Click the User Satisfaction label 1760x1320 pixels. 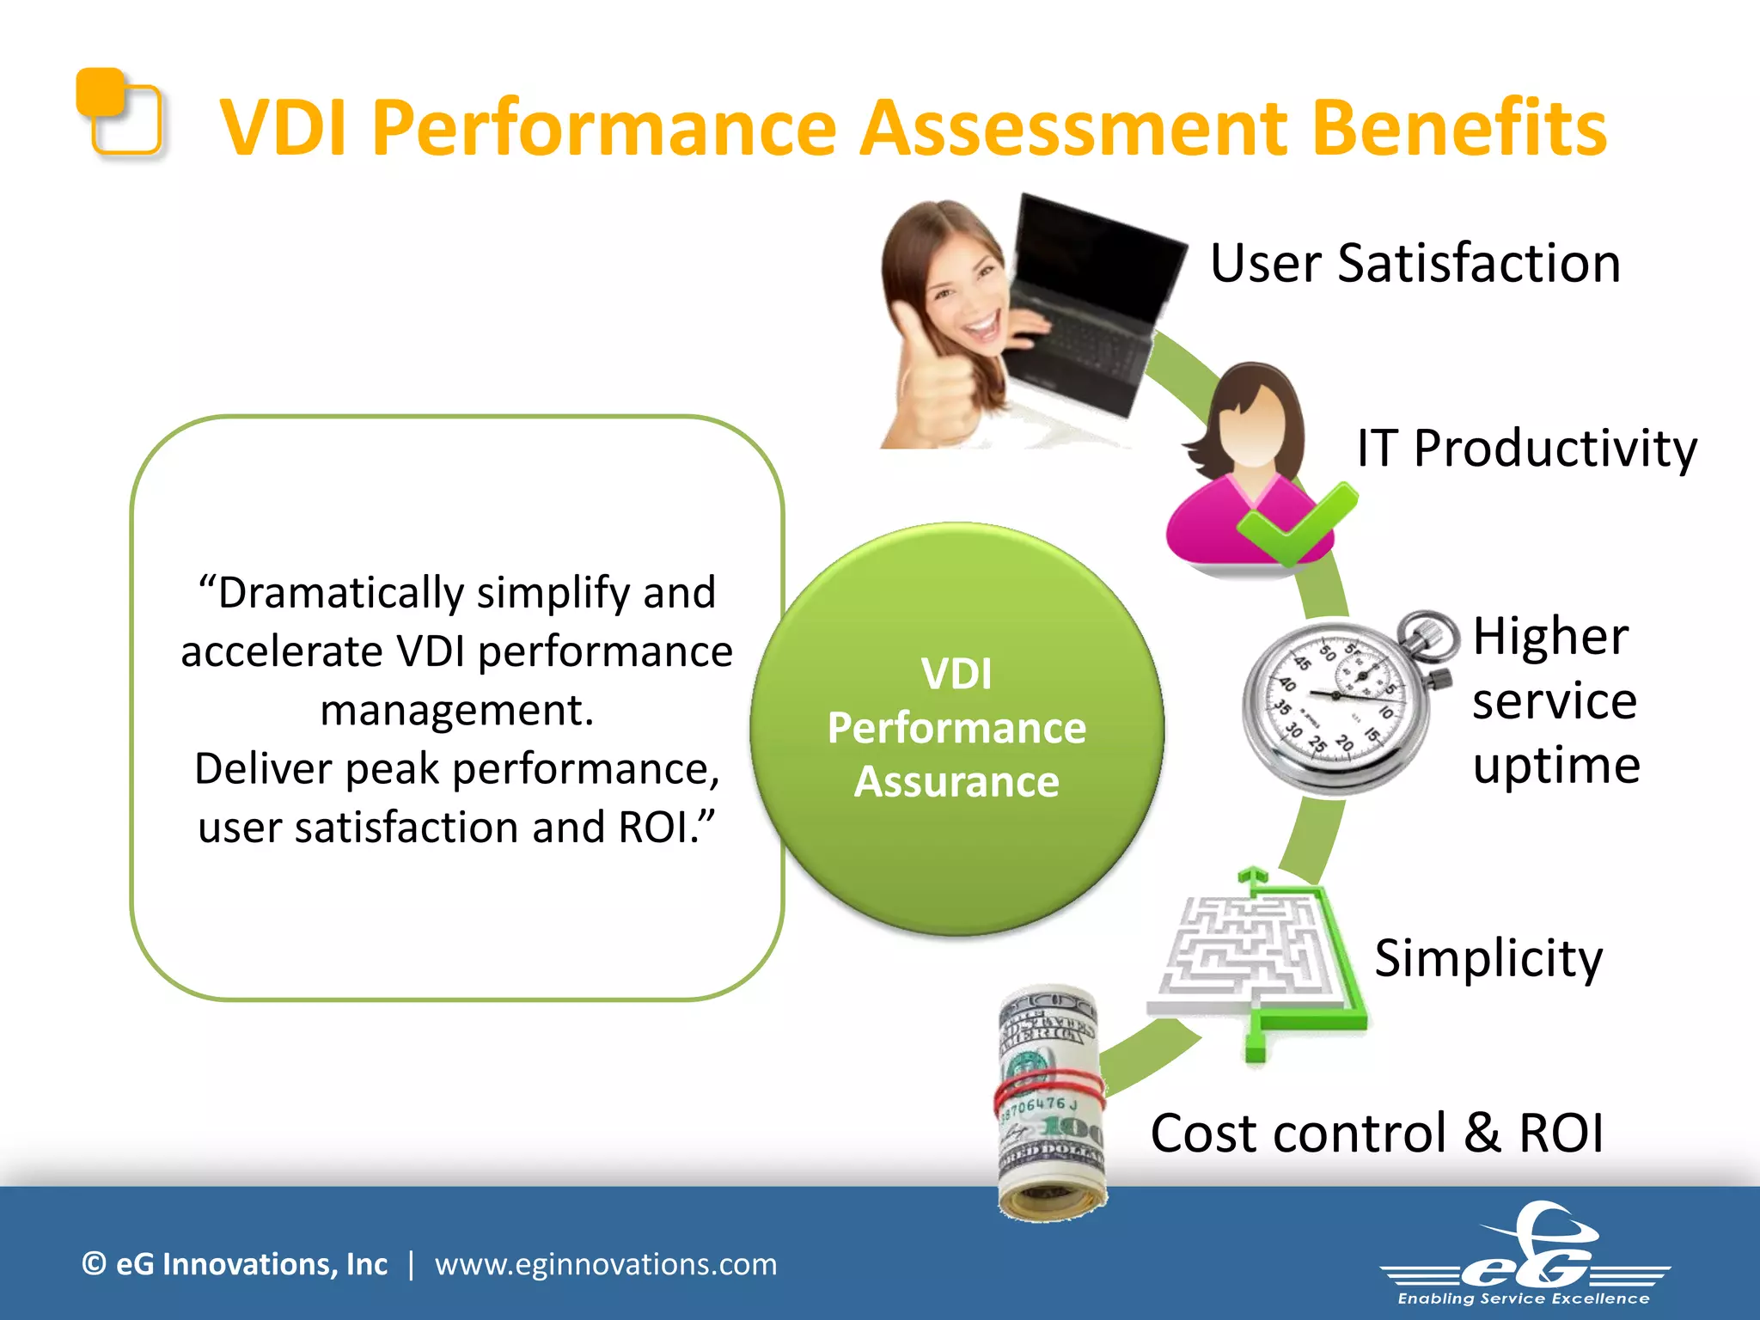(1415, 263)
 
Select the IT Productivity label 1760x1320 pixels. (1526, 449)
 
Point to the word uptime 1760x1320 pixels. (1555, 765)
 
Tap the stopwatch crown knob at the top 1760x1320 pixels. (1427, 636)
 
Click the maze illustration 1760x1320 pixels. (1246, 954)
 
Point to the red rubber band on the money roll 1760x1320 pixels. (1048, 1088)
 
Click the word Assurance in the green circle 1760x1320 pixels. (956, 782)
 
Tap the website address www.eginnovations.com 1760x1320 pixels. (605, 1264)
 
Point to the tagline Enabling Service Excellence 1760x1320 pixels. (1523, 1299)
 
